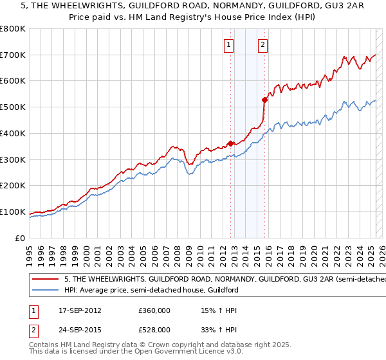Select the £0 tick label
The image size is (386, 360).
pyautogui.click(x=21, y=238)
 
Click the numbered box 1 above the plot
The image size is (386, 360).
pyautogui.click(x=229, y=45)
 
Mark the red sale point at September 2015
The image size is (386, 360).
pyautogui.click(x=264, y=100)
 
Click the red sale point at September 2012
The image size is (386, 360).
pyautogui.click(x=230, y=143)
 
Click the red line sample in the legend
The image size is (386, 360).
pyautogui.click(x=44, y=280)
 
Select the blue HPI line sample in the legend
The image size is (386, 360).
pyautogui.click(x=44, y=291)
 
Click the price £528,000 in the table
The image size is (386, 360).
pyautogui.click(x=154, y=329)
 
